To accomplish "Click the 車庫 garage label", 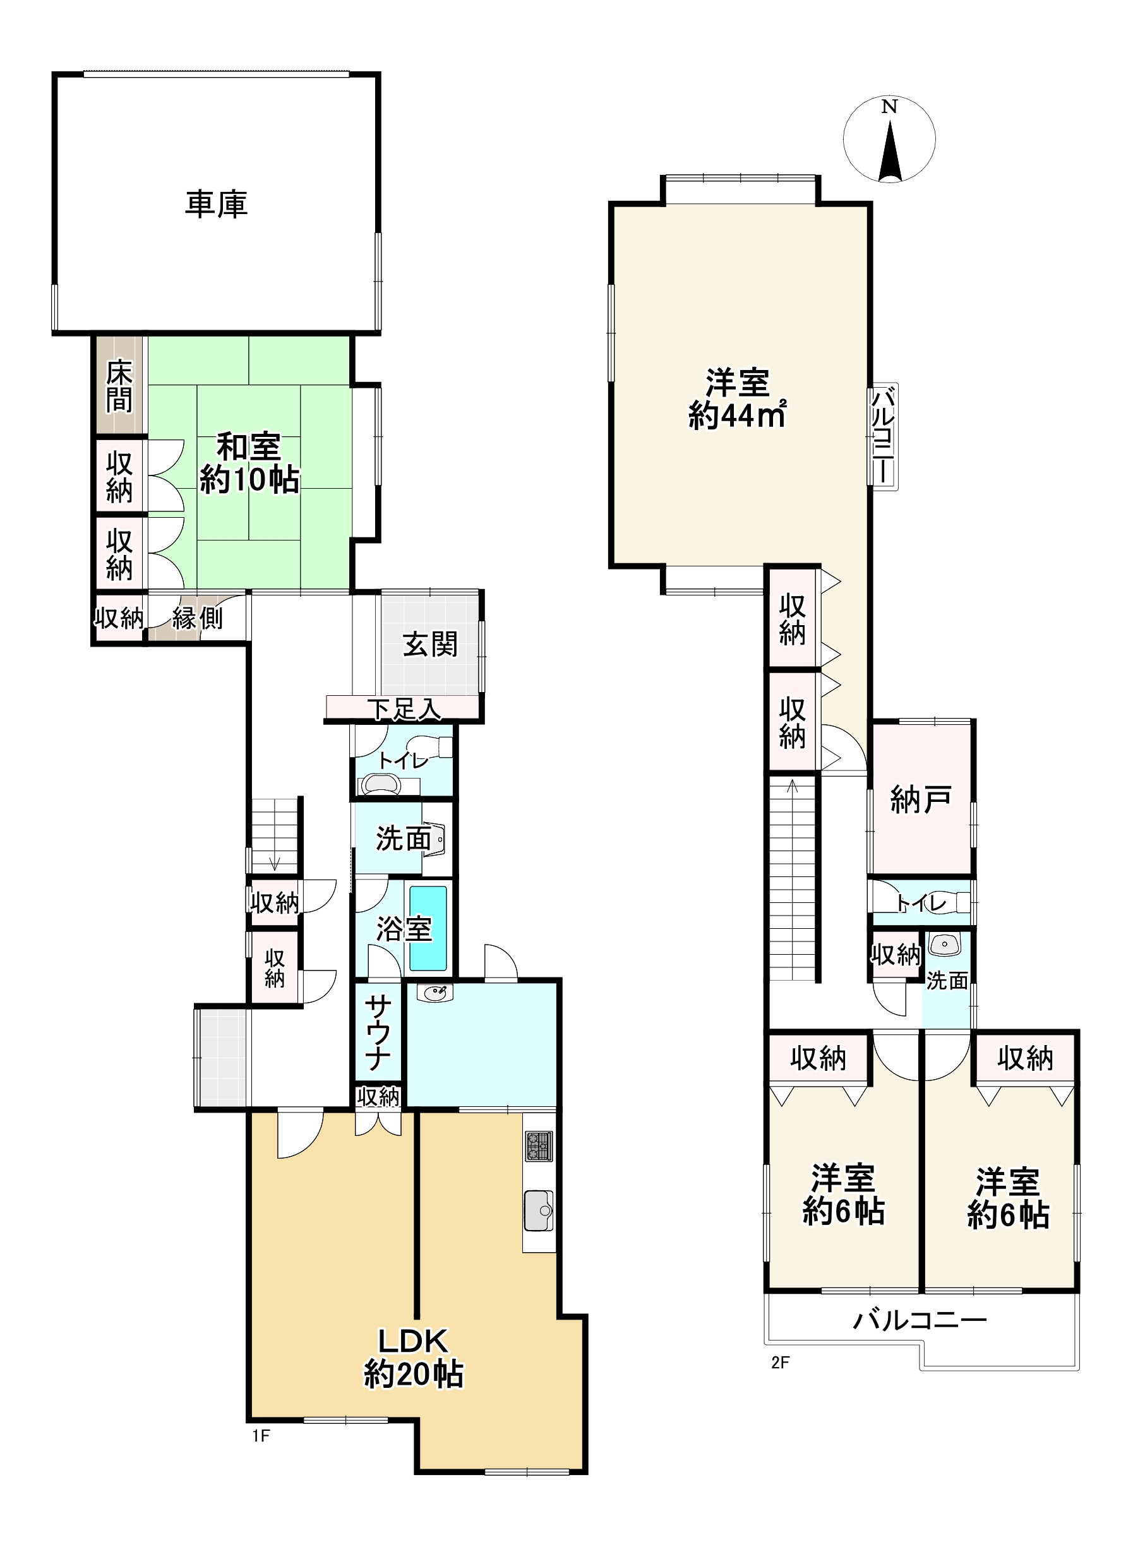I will (x=216, y=205).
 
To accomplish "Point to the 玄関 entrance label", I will (x=429, y=645).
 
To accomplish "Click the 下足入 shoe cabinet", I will (x=404, y=709).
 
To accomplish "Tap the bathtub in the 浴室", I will (x=429, y=929).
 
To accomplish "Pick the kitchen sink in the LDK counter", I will (x=538, y=1210).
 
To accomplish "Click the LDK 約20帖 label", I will (x=414, y=1357).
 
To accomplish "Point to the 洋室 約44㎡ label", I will (x=737, y=399).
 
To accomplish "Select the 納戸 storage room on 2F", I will (x=920, y=799).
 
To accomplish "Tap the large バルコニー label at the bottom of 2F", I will (x=920, y=1320).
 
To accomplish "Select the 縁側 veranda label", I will (x=198, y=619).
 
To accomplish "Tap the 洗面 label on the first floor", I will (x=402, y=839).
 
